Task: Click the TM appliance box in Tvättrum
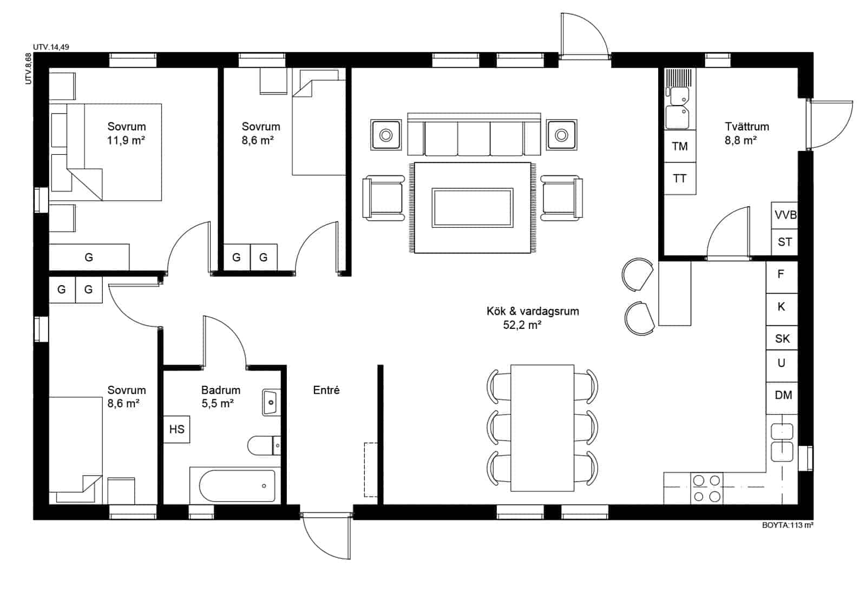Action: pos(680,146)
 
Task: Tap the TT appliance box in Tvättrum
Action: pos(680,178)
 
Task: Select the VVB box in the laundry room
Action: pos(784,215)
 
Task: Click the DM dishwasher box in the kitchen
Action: pos(783,395)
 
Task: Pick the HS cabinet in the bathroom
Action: pos(176,430)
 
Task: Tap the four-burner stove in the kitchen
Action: pos(707,488)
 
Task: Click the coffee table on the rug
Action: pos(472,207)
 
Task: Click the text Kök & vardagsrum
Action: pos(532,311)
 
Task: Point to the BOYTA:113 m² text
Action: pos(788,525)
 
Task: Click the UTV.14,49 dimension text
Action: pos(51,47)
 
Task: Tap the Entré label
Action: pos(326,390)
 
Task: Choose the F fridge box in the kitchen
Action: pos(781,275)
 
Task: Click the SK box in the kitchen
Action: pos(782,339)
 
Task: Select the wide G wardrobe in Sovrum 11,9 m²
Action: pos(89,257)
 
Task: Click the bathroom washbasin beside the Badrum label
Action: pos(271,402)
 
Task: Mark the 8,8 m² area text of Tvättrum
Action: pos(740,141)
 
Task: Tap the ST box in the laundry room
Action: pos(784,242)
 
